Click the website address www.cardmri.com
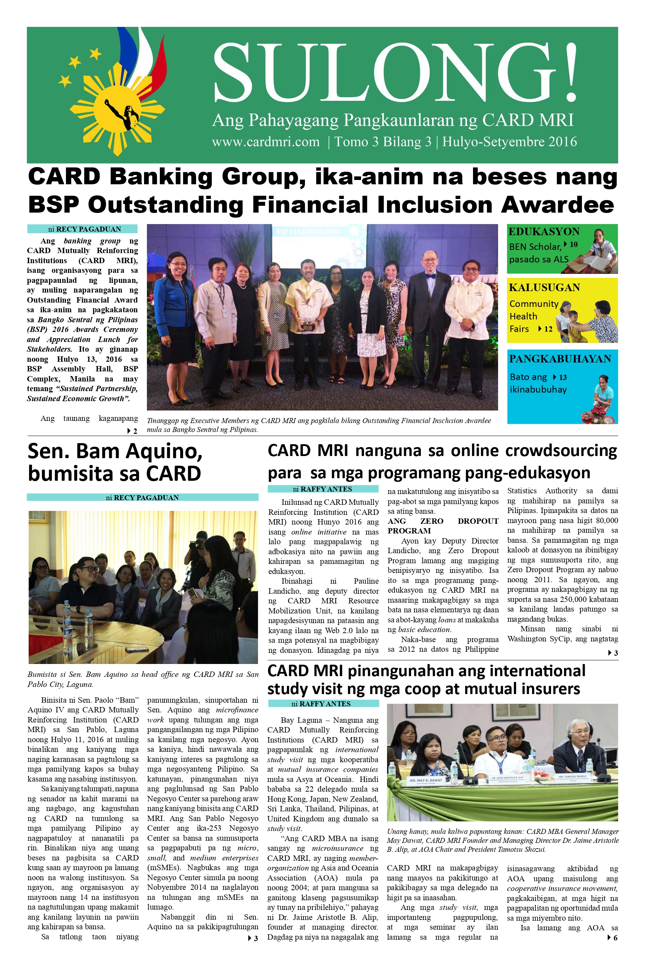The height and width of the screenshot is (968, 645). click(x=266, y=142)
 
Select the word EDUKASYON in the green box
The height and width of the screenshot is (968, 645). click(x=544, y=232)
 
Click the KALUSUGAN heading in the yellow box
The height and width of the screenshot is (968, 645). click(x=544, y=287)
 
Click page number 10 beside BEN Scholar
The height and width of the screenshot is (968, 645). click(x=573, y=245)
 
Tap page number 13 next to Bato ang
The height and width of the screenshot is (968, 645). click(x=563, y=377)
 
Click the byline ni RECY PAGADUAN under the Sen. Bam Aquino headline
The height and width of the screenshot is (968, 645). click(x=142, y=498)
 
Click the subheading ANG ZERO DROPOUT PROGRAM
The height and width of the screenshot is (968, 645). click(x=443, y=526)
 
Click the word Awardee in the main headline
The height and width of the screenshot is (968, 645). click(x=557, y=205)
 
